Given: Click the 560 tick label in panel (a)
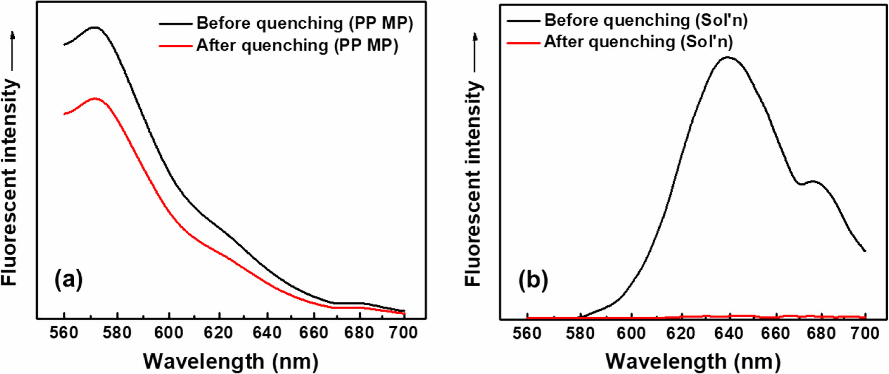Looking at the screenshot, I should [x=64, y=333].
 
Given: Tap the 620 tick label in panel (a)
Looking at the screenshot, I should [x=218, y=333].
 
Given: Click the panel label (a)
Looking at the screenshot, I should [x=68, y=279].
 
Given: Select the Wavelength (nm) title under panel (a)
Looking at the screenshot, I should [x=231, y=361].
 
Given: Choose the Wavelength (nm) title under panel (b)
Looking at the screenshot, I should [x=693, y=361].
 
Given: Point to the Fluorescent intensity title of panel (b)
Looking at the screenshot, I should [x=473, y=183].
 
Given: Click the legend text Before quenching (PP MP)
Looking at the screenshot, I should [x=305, y=23].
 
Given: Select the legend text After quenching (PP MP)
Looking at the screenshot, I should [x=297, y=46].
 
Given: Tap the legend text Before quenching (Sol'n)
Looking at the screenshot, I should [x=646, y=20].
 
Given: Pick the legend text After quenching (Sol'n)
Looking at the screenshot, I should [x=638, y=42].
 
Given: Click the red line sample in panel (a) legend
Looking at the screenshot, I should [x=175, y=46].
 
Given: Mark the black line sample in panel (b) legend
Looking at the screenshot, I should [x=523, y=21].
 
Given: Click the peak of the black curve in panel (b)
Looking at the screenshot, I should [x=728, y=57].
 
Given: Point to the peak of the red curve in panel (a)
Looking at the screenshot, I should [x=95, y=99].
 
